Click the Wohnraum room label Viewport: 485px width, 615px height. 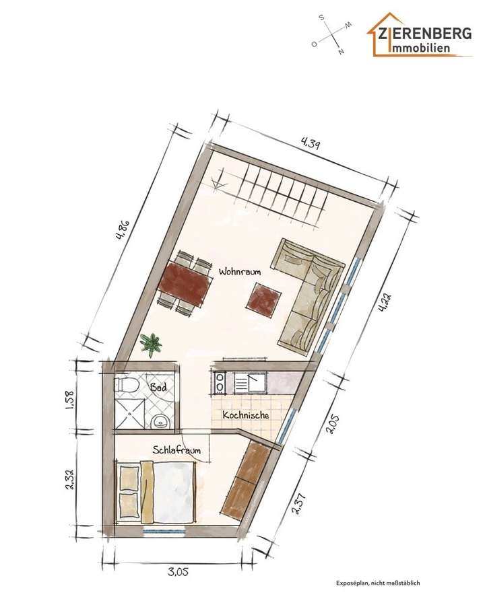coord(239,272)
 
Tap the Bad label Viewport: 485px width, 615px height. coord(158,388)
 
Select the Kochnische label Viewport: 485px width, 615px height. coord(246,415)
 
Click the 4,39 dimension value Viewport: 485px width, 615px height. coord(311,143)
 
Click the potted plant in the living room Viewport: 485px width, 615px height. coord(151,345)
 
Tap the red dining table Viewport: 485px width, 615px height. coord(183,284)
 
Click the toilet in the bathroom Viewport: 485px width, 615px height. coord(127,386)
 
